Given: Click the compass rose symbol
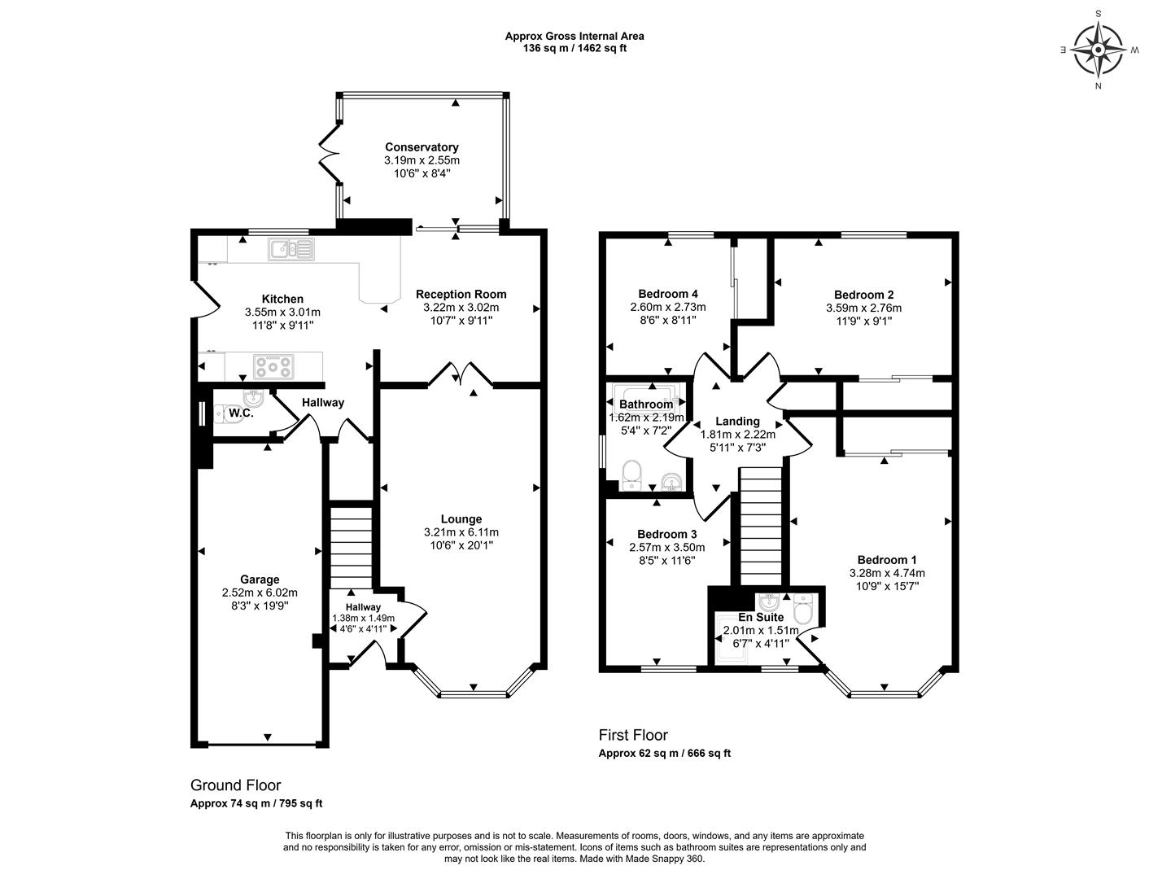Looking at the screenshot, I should (1098, 49).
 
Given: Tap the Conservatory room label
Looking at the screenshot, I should (422, 147).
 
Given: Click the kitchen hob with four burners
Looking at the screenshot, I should (273, 366).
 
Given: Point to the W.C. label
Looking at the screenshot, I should (241, 413).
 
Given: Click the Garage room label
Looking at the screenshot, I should (260, 579).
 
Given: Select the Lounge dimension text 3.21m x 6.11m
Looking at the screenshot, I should (461, 532).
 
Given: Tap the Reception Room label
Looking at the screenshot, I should (461, 294).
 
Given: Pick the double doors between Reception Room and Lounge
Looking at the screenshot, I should (461, 374).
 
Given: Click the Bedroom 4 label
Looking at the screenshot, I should (667, 294).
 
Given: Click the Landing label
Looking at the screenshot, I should (737, 421).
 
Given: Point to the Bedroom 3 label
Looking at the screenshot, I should (667, 534).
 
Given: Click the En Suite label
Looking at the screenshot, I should (761, 617).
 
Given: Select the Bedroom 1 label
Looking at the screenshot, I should (886, 559).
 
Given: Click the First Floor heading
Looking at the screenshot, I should (633, 735).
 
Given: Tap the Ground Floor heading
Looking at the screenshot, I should (235, 785).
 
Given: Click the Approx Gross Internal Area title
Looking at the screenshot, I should (574, 36).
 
